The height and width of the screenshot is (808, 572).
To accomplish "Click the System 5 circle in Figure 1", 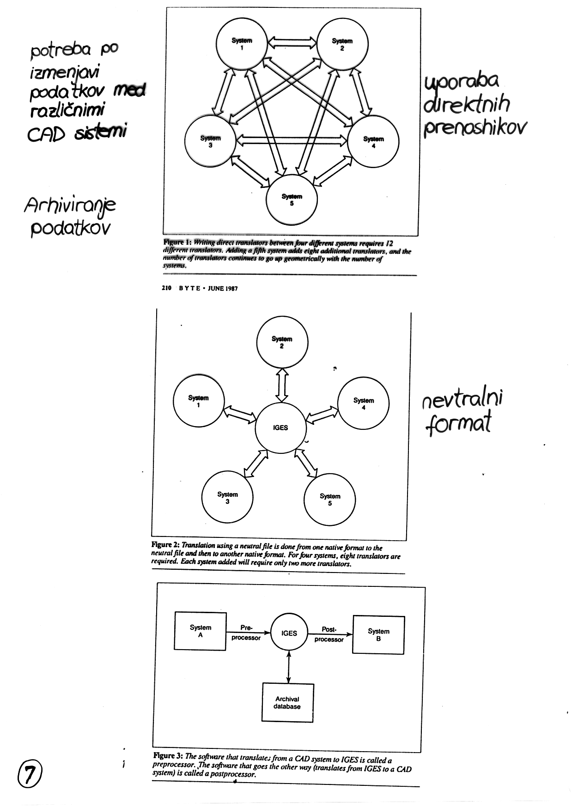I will click(292, 199).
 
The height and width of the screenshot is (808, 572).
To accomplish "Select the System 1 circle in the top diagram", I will click(242, 44).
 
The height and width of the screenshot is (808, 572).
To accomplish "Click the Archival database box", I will click(287, 702).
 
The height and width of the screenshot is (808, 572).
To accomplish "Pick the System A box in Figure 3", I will click(200, 631).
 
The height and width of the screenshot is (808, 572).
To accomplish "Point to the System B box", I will click(378, 634).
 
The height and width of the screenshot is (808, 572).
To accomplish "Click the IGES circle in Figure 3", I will click(289, 633).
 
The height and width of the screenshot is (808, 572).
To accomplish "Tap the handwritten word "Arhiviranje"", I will click(70, 206).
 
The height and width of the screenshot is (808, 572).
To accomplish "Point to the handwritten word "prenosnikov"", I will click(475, 127).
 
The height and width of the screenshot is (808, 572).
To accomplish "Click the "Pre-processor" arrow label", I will click(246, 633).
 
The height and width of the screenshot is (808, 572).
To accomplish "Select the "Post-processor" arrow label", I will click(329, 634).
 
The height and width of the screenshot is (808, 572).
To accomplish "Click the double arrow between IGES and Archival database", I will click(289, 667).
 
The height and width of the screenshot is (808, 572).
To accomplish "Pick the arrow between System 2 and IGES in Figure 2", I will click(282, 385).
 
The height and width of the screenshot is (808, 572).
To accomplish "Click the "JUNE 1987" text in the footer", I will click(223, 288).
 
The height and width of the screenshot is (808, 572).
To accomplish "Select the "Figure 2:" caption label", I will click(166, 545).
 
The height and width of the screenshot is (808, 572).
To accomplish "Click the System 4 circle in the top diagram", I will click(373, 142).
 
